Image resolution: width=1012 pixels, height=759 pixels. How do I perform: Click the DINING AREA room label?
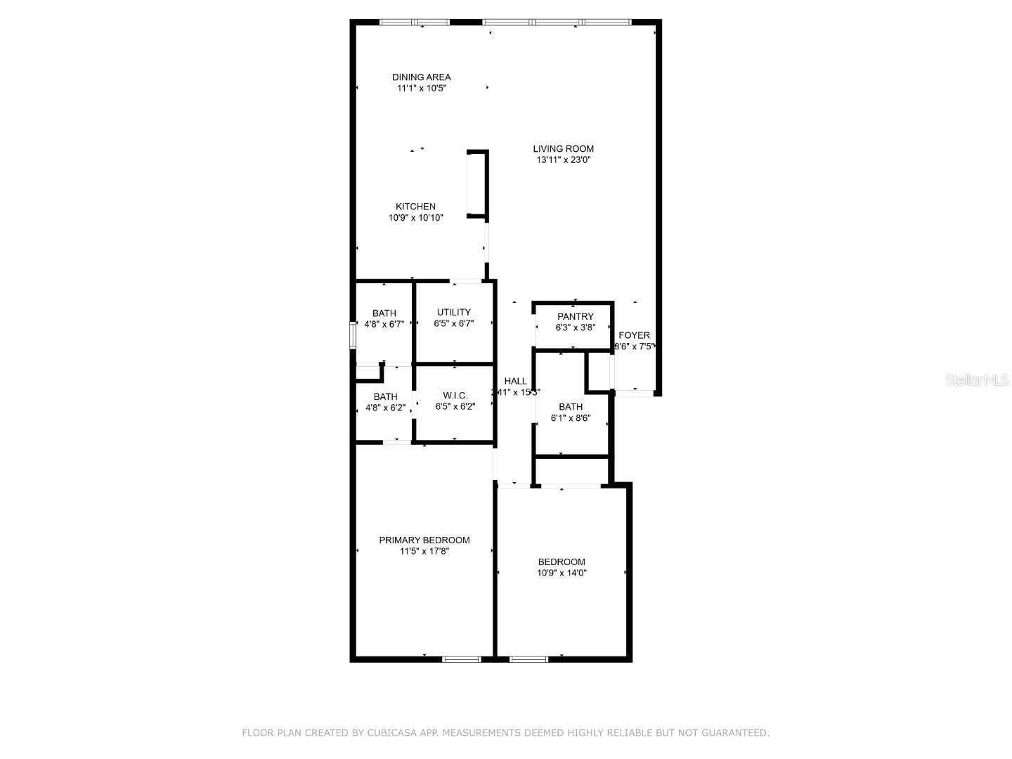[x=422, y=77]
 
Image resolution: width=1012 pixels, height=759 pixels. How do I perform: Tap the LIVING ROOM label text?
[x=563, y=149]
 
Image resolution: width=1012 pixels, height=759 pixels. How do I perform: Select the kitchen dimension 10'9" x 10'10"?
[x=416, y=218]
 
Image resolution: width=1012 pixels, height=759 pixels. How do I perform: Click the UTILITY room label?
[x=454, y=313]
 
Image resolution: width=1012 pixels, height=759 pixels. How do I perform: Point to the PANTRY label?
[x=575, y=317]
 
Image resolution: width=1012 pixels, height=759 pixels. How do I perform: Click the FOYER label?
[x=634, y=335]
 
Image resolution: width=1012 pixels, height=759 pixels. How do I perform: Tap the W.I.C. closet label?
[x=455, y=396]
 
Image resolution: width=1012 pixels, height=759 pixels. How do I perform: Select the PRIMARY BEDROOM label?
[x=424, y=540]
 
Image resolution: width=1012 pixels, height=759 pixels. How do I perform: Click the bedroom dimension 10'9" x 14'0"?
[x=562, y=573]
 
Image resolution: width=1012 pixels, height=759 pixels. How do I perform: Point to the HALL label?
[x=515, y=382]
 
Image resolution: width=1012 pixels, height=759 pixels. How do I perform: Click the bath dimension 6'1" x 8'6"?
[x=570, y=418]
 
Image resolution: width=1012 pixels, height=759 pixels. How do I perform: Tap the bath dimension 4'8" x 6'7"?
[x=384, y=325]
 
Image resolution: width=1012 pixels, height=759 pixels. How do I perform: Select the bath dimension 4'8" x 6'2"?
[x=385, y=408]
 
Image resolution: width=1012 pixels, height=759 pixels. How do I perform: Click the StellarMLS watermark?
[x=977, y=380]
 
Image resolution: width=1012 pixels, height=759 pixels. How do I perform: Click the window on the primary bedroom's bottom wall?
[x=461, y=659]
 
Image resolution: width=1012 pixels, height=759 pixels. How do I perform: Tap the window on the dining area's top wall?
[x=414, y=22]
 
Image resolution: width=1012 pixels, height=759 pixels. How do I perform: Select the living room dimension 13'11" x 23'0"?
[x=563, y=160]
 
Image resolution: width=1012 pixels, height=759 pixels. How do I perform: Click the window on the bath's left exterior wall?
[x=353, y=335]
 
